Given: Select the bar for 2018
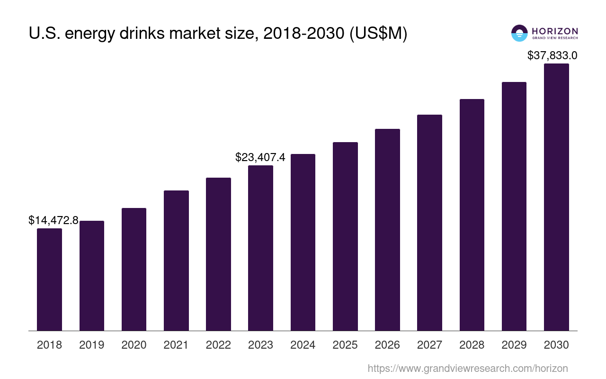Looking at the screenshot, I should coord(49,280).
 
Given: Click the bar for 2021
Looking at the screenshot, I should coord(176,261).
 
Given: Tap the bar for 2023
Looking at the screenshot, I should coord(260,248).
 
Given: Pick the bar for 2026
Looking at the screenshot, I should coord(387,230).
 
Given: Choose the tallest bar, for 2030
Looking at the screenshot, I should coord(556,197).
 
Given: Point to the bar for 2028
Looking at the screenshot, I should coord(472,215).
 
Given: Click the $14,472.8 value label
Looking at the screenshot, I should coord(53,220).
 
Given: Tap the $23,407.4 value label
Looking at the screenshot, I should coord(260,157).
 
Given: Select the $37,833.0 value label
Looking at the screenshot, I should coord(552,55).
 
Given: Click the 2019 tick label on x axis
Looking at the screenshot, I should coord(92,345).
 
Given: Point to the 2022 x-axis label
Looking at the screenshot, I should coord(218,345).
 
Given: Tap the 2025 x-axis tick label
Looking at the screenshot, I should coord(345,345).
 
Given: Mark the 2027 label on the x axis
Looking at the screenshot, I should coord(429,345).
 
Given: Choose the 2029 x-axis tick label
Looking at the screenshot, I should coord(514,345).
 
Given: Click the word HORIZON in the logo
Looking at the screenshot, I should coord(555,31).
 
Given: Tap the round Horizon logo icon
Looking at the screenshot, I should coord(519,33).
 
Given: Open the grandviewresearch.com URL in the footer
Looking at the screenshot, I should coord(467,369).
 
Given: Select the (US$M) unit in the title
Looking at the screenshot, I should coord(378,34).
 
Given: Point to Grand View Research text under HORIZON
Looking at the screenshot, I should coord(555,38).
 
